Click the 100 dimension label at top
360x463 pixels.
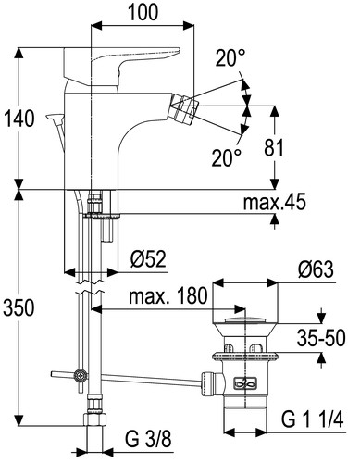pyautogui.click(x=143, y=12)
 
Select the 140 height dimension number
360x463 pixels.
pyautogui.click(x=19, y=119)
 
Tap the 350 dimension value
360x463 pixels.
pyautogui.click(x=19, y=307)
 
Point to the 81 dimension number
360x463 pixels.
pyautogui.click(x=274, y=147)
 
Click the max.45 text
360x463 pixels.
pyautogui.click(x=275, y=203)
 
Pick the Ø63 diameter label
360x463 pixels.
pyautogui.click(x=316, y=269)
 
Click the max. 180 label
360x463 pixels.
pyautogui.click(x=168, y=295)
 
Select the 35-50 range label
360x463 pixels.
pyautogui.click(x=321, y=338)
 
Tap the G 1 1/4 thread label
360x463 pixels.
pyautogui.click(x=312, y=419)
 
